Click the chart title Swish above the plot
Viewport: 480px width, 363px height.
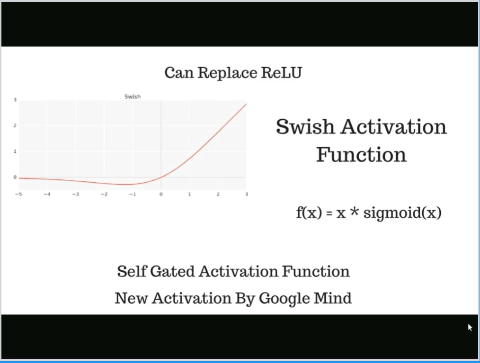pos(133,97)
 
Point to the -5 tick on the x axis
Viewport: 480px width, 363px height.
pos(19,195)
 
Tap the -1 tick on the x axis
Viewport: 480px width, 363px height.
pos(132,195)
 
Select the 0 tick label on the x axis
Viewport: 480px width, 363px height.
pos(161,195)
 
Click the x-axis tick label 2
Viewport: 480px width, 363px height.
pos(218,195)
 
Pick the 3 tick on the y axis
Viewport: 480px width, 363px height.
pos(15,100)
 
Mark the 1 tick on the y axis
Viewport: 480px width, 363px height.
pos(15,151)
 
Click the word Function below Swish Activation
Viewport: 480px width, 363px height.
pos(361,155)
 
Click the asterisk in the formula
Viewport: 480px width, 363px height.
pos(354,212)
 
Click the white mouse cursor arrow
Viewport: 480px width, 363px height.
pos(470,327)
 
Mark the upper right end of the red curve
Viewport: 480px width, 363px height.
pos(246,104)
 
